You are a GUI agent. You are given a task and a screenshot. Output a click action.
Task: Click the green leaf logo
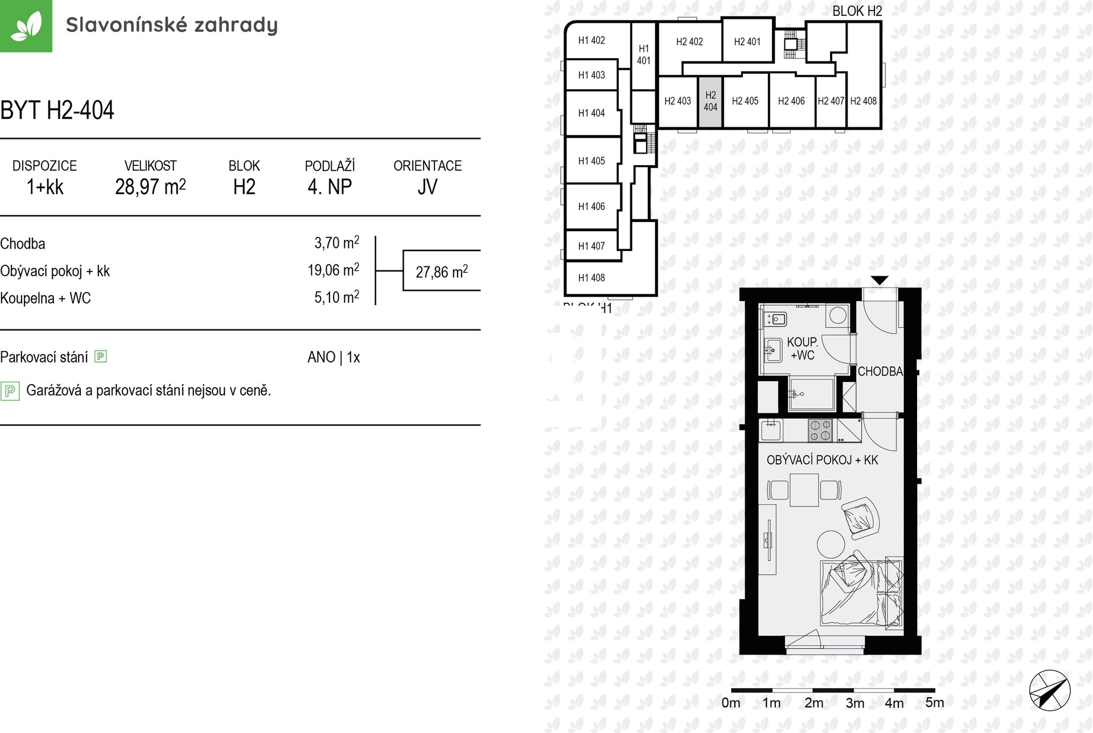coord(26,26)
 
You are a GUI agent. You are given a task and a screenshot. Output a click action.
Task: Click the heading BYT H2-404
coord(57,110)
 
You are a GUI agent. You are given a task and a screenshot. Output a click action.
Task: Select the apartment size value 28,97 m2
coord(150,187)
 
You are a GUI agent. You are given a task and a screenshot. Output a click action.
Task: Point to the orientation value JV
coord(428,187)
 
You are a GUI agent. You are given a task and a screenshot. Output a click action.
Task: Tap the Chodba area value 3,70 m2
coord(337,243)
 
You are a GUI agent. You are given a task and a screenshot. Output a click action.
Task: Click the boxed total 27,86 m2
coord(442,271)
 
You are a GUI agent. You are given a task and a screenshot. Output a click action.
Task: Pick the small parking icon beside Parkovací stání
coord(101,357)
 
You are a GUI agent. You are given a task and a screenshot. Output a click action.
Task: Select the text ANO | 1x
coord(334,357)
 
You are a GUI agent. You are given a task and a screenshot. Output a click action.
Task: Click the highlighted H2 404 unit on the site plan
coord(710,102)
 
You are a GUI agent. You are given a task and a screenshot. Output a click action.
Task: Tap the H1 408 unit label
coord(591,278)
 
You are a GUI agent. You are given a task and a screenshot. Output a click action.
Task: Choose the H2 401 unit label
coord(747,42)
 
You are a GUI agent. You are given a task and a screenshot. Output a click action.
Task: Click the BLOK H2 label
coord(857,11)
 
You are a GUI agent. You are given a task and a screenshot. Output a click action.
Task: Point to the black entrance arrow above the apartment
coord(880,280)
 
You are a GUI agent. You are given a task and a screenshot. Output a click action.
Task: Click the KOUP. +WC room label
coord(803,349)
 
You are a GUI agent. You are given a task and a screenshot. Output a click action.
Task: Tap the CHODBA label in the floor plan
coord(880,372)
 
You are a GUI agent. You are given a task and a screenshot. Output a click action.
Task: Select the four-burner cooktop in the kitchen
coord(821,430)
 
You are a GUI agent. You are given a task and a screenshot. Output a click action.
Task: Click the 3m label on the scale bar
coord(854,703)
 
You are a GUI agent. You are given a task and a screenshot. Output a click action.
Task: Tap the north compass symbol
coord(1050,691)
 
